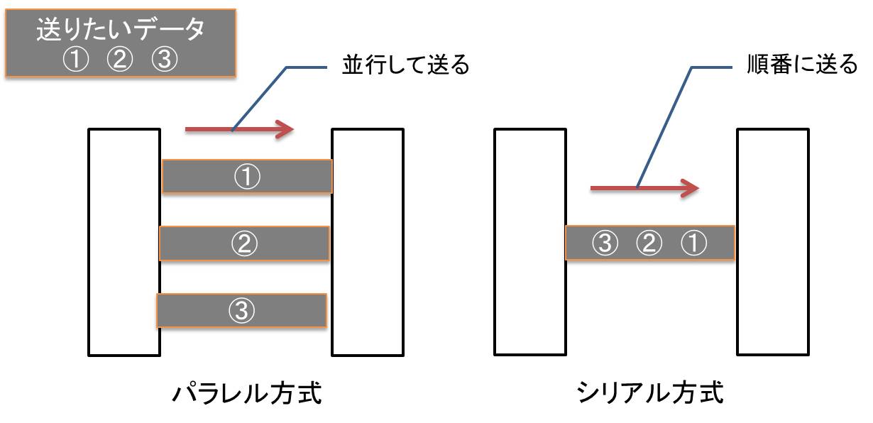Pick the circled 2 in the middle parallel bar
tap(244, 243)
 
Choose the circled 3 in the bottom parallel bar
tap(241, 310)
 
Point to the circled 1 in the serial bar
tap(693, 243)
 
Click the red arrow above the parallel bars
tap(239, 129)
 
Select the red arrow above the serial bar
tap(645, 188)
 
